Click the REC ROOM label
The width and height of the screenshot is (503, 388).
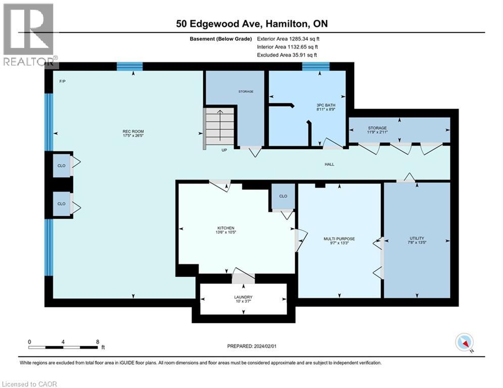point(133,131)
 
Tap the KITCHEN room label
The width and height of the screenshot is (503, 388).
point(226,228)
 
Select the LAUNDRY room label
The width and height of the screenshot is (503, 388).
point(243,297)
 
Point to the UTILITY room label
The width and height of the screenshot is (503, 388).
point(417,238)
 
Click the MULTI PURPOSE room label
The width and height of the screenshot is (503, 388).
point(339,239)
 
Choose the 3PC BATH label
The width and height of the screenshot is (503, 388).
point(326,105)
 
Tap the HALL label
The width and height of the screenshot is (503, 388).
point(330,164)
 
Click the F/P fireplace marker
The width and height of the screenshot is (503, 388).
point(63,81)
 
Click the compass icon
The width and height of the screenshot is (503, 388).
point(464,342)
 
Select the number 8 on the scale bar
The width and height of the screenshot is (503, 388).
point(98,342)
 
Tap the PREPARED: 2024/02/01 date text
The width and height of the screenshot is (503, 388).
point(252,346)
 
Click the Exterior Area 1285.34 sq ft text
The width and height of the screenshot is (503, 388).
point(288,39)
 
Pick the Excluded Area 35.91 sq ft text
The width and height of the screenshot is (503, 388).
point(287,55)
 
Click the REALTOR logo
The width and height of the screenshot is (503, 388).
point(29,35)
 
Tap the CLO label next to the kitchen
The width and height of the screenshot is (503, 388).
point(283,196)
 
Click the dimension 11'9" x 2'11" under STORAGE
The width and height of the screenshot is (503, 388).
point(377,132)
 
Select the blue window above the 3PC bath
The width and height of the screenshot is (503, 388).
point(315,66)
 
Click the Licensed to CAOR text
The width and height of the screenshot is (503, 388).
point(29,384)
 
